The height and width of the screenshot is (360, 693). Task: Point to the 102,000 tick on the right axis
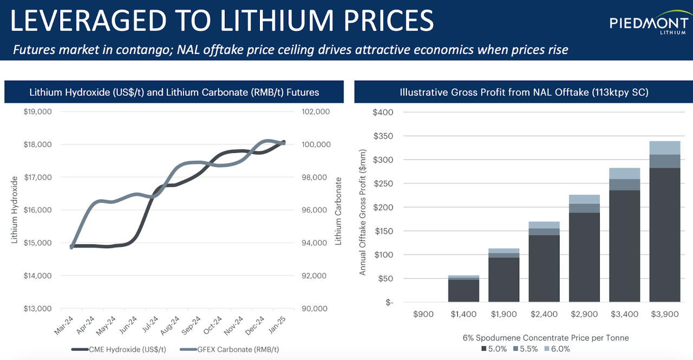tap(315, 112)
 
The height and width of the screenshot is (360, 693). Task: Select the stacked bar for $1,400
tap(463, 289)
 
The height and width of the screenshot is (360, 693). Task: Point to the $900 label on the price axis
tap(423, 314)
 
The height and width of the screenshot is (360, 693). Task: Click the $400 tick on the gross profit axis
tap(383, 112)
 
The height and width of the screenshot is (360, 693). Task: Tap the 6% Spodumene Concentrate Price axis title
tap(546, 338)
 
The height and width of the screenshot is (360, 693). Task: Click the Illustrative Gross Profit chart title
tap(524, 93)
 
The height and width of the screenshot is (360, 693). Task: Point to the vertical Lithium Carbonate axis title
tap(339, 211)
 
